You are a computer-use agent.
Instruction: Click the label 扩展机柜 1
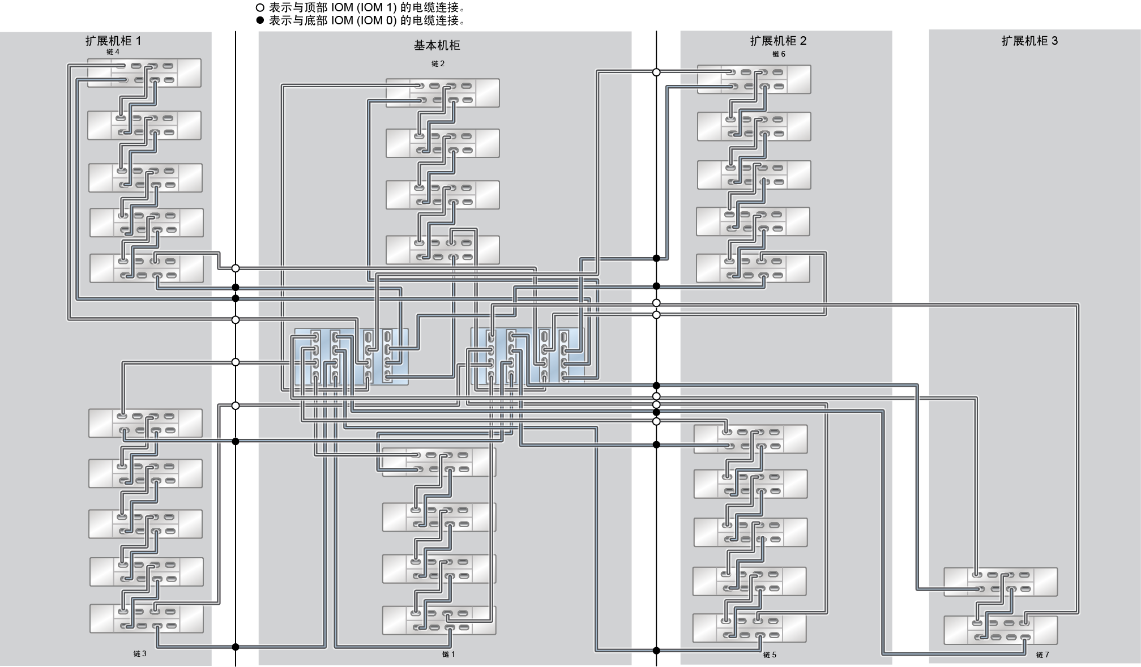coord(113,41)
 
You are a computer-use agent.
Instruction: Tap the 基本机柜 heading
coord(437,45)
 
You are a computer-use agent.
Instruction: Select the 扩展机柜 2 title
coord(778,41)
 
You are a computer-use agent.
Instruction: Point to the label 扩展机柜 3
coord(1029,41)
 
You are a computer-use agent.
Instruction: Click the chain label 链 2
coord(438,64)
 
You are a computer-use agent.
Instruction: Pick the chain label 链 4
coord(113,52)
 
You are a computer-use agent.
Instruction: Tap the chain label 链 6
coord(779,54)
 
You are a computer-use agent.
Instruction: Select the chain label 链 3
coord(140,653)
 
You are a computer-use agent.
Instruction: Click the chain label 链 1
coord(448,655)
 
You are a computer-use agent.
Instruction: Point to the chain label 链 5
coord(770,655)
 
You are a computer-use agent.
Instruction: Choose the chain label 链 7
coord(1042,655)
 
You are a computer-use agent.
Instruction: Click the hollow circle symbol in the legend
coord(260,8)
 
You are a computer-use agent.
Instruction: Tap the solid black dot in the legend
coord(260,20)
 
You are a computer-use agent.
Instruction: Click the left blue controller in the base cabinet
coord(351,357)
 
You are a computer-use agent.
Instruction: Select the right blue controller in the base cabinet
coord(528,357)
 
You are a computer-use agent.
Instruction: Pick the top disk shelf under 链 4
coord(144,73)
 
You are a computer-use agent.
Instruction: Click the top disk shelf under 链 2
coord(442,93)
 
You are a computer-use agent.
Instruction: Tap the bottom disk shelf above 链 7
coord(1001,630)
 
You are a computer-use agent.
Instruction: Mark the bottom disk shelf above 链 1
coord(439,621)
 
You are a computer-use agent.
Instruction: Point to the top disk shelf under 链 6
coord(754,79)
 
